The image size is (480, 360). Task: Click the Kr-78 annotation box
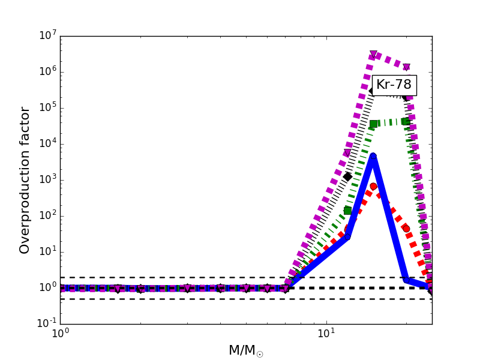click(394, 85)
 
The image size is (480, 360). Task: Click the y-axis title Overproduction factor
click(25, 180)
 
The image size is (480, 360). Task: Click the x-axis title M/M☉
click(245, 350)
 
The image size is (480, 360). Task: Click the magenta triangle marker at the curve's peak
click(373, 55)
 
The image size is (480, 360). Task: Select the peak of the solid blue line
click(373, 157)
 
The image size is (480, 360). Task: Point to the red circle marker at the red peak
click(373, 187)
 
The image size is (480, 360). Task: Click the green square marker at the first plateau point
click(373, 124)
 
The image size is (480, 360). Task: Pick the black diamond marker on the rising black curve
click(347, 176)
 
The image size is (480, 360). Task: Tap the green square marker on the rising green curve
click(347, 210)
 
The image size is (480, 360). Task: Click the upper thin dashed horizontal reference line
click(180, 277)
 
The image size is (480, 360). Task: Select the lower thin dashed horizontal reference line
click(180, 299)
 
